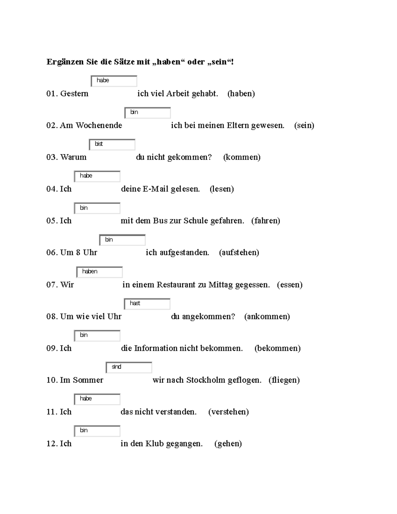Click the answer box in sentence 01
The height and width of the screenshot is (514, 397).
pyautogui.click(x=114, y=81)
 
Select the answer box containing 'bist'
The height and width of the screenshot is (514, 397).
pyautogui.click(x=112, y=144)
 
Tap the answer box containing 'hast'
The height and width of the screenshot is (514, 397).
pyautogui.click(x=147, y=304)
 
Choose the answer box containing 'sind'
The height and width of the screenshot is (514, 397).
pyautogui.click(x=129, y=367)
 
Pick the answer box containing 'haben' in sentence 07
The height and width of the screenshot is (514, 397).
pyautogui.click(x=100, y=272)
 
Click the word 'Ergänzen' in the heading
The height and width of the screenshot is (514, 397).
pyautogui.click(x=65, y=62)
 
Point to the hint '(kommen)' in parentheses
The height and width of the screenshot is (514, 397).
pyautogui.click(x=242, y=157)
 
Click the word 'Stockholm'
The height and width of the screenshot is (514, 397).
pyautogui.click(x=206, y=380)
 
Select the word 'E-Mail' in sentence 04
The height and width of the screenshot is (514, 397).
pyautogui.click(x=155, y=189)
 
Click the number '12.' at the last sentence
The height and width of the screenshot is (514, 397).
pyautogui.click(x=52, y=444)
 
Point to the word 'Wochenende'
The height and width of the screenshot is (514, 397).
pyautogui.click(x=99, y=125)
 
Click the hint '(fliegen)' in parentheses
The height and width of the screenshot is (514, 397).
pyautogui.click(x=284, y=380)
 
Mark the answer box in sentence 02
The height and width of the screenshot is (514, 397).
pyautogui.click(x=148, y=113)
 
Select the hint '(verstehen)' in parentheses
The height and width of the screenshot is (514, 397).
pyautogui.click(x=228, y=412)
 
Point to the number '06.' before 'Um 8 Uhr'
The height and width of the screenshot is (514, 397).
pyautogui.click(x=52, y=253)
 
